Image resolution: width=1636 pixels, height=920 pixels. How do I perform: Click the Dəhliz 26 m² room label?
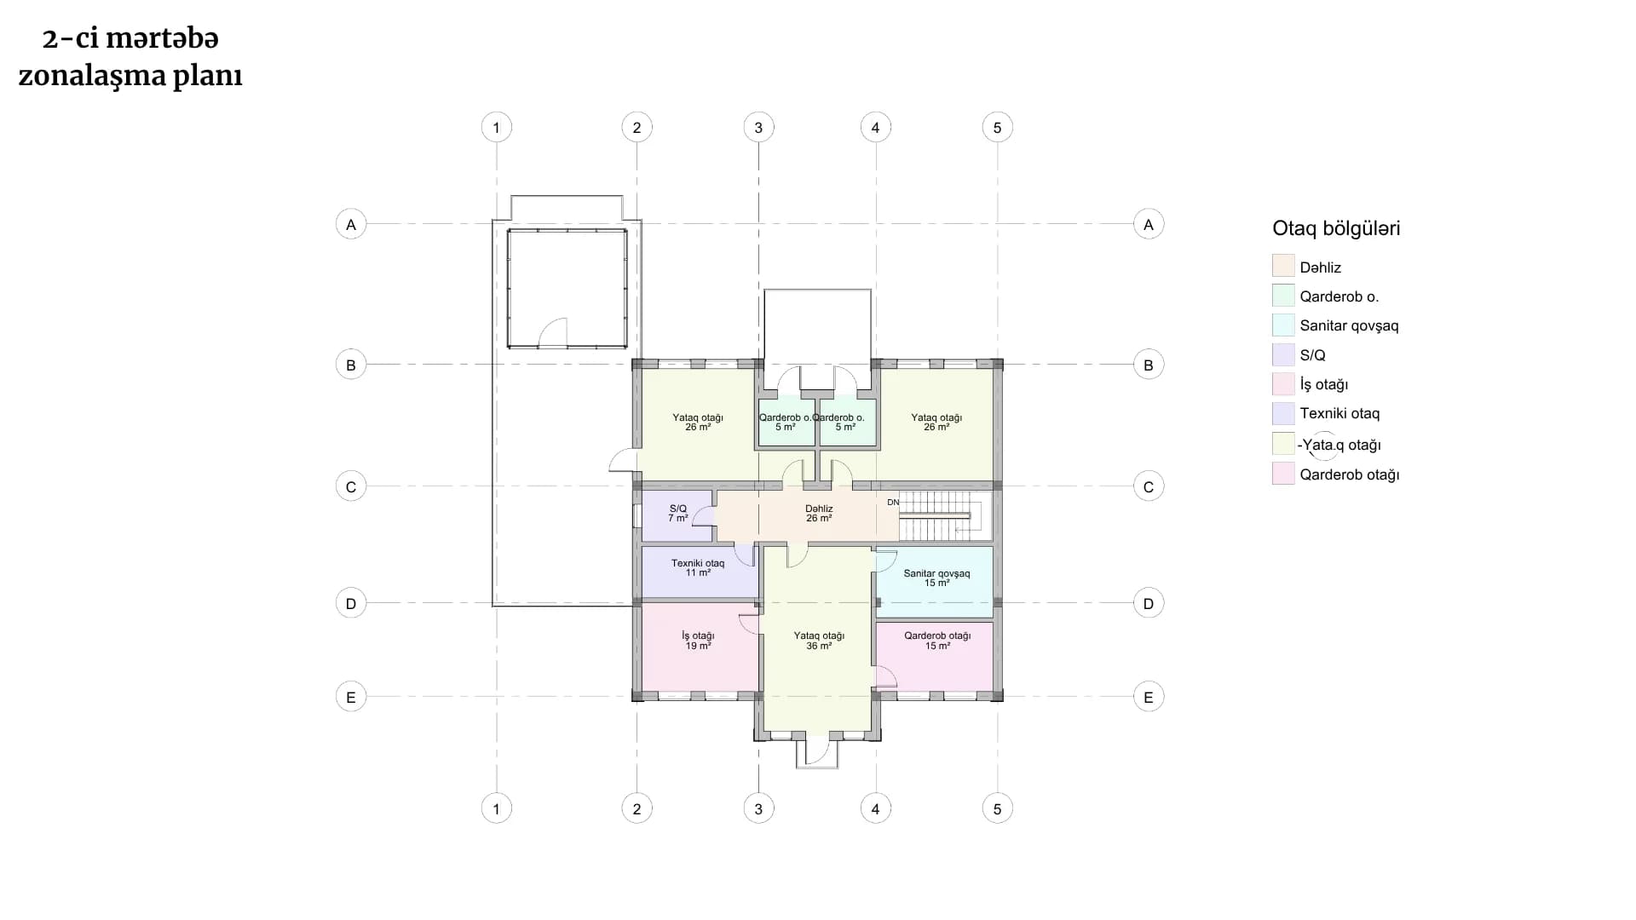pos(819,514)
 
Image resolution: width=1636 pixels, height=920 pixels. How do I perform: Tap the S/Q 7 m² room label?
pos(678,514)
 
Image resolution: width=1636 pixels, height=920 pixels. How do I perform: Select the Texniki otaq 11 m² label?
pos(698,568)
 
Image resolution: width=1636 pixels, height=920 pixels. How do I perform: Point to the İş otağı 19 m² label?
pos(698,641)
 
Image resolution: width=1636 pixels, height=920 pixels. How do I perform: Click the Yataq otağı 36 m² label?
pos(819,641)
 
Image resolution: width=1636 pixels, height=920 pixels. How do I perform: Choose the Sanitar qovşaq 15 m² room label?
pos(936,578)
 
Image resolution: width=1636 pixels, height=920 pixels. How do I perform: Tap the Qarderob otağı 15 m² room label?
pos(937,641)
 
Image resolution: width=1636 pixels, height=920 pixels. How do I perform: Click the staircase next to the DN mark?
pos(942,515)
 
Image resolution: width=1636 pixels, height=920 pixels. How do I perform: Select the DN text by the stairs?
pos(893,503)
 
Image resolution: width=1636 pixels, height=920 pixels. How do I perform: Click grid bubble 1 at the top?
pos(497,128)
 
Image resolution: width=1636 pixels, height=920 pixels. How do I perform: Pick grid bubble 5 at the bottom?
pos(998,808)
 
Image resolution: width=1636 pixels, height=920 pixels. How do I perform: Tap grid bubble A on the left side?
pos(351,225)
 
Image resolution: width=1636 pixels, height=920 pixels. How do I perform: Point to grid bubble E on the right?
pos(1149,697)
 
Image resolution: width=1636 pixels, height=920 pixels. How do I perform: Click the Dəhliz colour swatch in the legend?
pos(1283,266)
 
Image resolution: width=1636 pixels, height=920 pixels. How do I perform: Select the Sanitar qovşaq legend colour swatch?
pos(1283,325)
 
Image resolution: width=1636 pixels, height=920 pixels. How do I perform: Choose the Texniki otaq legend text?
pos(1339,414)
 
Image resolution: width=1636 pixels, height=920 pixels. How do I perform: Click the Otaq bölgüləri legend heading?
pos(1336,228)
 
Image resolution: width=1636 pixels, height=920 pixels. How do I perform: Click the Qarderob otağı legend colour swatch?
pos(1283,474)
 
